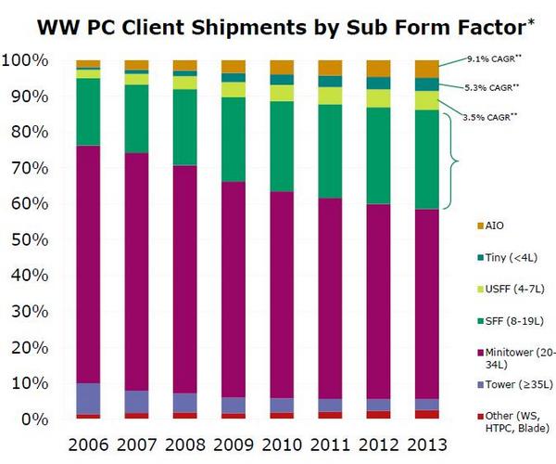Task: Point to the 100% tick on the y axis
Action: coord(25,60)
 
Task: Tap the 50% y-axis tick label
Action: coord(30,240)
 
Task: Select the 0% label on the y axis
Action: coord(34,419)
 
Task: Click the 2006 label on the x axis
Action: coord(88,445)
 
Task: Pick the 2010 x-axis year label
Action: coord(282,445)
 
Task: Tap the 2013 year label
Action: coord(427,445)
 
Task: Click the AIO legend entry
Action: coord(490,226)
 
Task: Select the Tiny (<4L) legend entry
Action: coord(508,258)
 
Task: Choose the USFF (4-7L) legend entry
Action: coord(511,289)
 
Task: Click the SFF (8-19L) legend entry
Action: coord(511,321)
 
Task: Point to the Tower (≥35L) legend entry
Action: coord(515,384)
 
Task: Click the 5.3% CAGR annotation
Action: coord(492,87)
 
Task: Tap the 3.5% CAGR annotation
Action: coord(489,117)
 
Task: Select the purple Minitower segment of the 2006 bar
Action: coord(88,264)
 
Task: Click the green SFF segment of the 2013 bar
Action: coord(427,160)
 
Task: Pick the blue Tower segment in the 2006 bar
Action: coord(88,399)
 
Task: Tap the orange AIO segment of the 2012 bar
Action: coord(379,69)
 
